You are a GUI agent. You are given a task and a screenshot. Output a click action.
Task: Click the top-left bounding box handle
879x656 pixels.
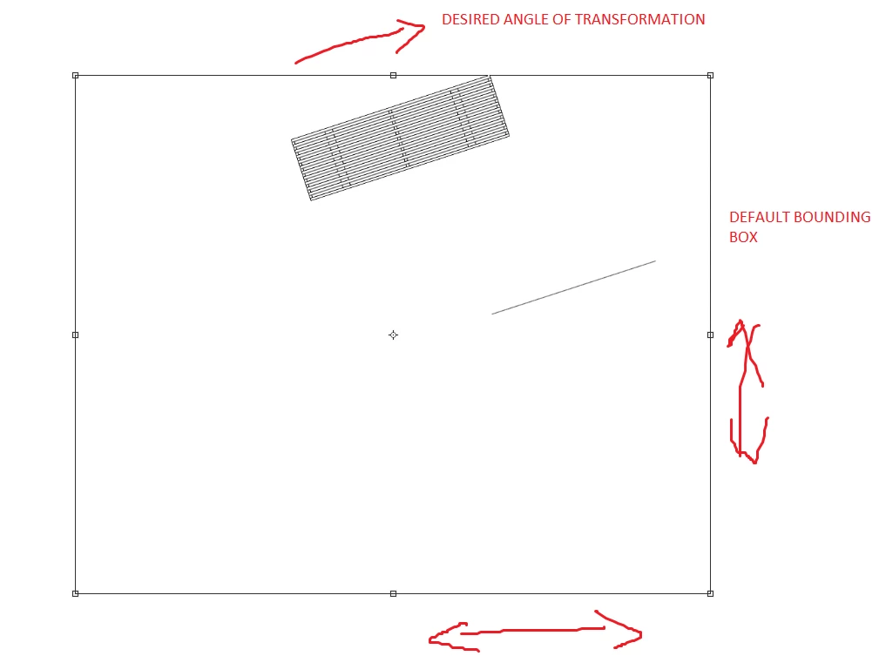click(x=76, y=75)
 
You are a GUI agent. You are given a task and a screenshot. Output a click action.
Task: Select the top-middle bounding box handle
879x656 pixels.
click(x=394, y=75)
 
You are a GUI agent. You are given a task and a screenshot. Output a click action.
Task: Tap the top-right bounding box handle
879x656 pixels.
click(x=710, y=75)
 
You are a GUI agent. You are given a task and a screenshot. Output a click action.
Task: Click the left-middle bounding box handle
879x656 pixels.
click(x=76, y=335)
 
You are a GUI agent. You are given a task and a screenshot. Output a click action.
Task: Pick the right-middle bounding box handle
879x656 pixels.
click(x=710, y=335)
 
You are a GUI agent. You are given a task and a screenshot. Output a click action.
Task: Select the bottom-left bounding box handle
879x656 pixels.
click(x=76, y=593)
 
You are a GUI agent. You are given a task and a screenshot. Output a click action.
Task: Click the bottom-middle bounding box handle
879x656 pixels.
click(x=394, y=593)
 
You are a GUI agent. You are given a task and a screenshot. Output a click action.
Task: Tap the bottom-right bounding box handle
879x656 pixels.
click(x=710, y=593)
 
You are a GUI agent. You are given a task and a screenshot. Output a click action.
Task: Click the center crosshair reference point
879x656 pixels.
click(x=394, y=335)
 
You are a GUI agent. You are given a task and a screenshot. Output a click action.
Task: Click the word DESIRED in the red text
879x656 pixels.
click(x=470, y=20)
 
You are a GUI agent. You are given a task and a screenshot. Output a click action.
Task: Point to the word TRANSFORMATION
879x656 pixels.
click(x=639, y=20)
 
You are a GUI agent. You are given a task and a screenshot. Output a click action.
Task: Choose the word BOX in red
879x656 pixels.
click(x=743, y=237)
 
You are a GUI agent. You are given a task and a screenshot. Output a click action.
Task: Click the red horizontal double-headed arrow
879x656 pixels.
click(x=536, y=632)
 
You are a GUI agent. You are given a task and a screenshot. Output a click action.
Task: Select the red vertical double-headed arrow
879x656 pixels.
click(x=741, y=393)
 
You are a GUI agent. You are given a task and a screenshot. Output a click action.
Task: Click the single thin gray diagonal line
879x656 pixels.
click(x=574, y=287)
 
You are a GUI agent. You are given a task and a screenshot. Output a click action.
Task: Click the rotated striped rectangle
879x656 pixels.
click(x=400, y=138)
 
